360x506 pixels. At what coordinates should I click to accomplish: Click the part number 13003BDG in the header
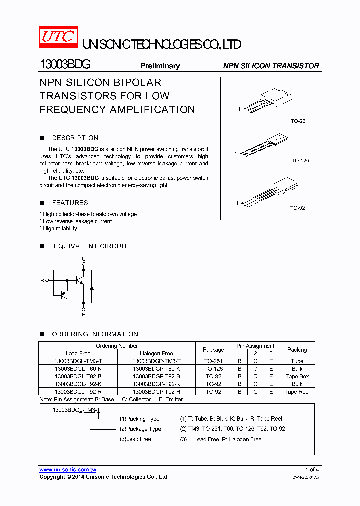pyautogui.click(x=65, y=65)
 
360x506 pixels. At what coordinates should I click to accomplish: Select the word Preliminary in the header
pyautogui.click(x=159, y=66)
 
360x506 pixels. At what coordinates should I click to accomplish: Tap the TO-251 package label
pyautogui.click(x=299, y=121)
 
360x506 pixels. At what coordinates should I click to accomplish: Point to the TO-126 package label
pyautogui.click(x=300, y=161)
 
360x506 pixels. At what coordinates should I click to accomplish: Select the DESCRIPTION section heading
pyautogui.click(x=75, y=138)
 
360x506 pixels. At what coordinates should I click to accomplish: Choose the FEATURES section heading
pyautogui.click(x=70, y=203)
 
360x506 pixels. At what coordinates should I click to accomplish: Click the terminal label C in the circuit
pyautogui.click(x=84, y=258)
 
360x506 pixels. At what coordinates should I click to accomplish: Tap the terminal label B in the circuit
pyautogui.click(x=42, y=281)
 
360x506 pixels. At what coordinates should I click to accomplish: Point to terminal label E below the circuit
pyautogui.click(x=84, y=315)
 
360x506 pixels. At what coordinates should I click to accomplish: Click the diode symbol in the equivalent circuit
pyautogui.click(x=91, y=288)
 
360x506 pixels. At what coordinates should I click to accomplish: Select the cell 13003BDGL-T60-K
pyautogui.click(x=78, y=369)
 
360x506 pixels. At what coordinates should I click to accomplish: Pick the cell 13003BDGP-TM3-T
pyautogui.click(x=156, y=361)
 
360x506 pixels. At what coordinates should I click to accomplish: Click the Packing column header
pyautogui.click(x=297, y=349)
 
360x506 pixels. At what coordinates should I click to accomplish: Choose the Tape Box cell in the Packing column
pyautogui.click(x=297, y=376)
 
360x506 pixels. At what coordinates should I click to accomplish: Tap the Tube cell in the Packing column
pyautogui.click(x=297, y=361)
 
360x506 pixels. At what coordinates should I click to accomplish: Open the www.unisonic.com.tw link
pyautogui.click(x=68, y=470)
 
